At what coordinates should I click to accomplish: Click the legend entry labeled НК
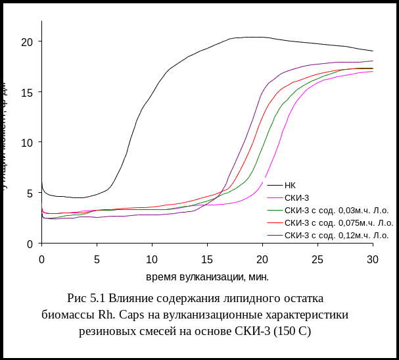(289, 186)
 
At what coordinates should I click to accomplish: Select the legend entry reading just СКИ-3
(296, 197)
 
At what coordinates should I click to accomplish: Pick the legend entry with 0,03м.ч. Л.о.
(336, 211)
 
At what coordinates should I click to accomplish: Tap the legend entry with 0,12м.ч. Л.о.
(336, 235)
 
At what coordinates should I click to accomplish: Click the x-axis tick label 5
(97, 259)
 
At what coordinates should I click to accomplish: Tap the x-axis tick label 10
(152, 259)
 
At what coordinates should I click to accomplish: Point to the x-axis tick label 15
(207, 259)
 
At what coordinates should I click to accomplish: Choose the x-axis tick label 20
(262, 259)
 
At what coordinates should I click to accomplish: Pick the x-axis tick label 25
(317, 259)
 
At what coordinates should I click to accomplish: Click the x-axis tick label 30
(372, 259)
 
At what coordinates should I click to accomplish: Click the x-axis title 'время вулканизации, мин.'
(207, 276)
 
